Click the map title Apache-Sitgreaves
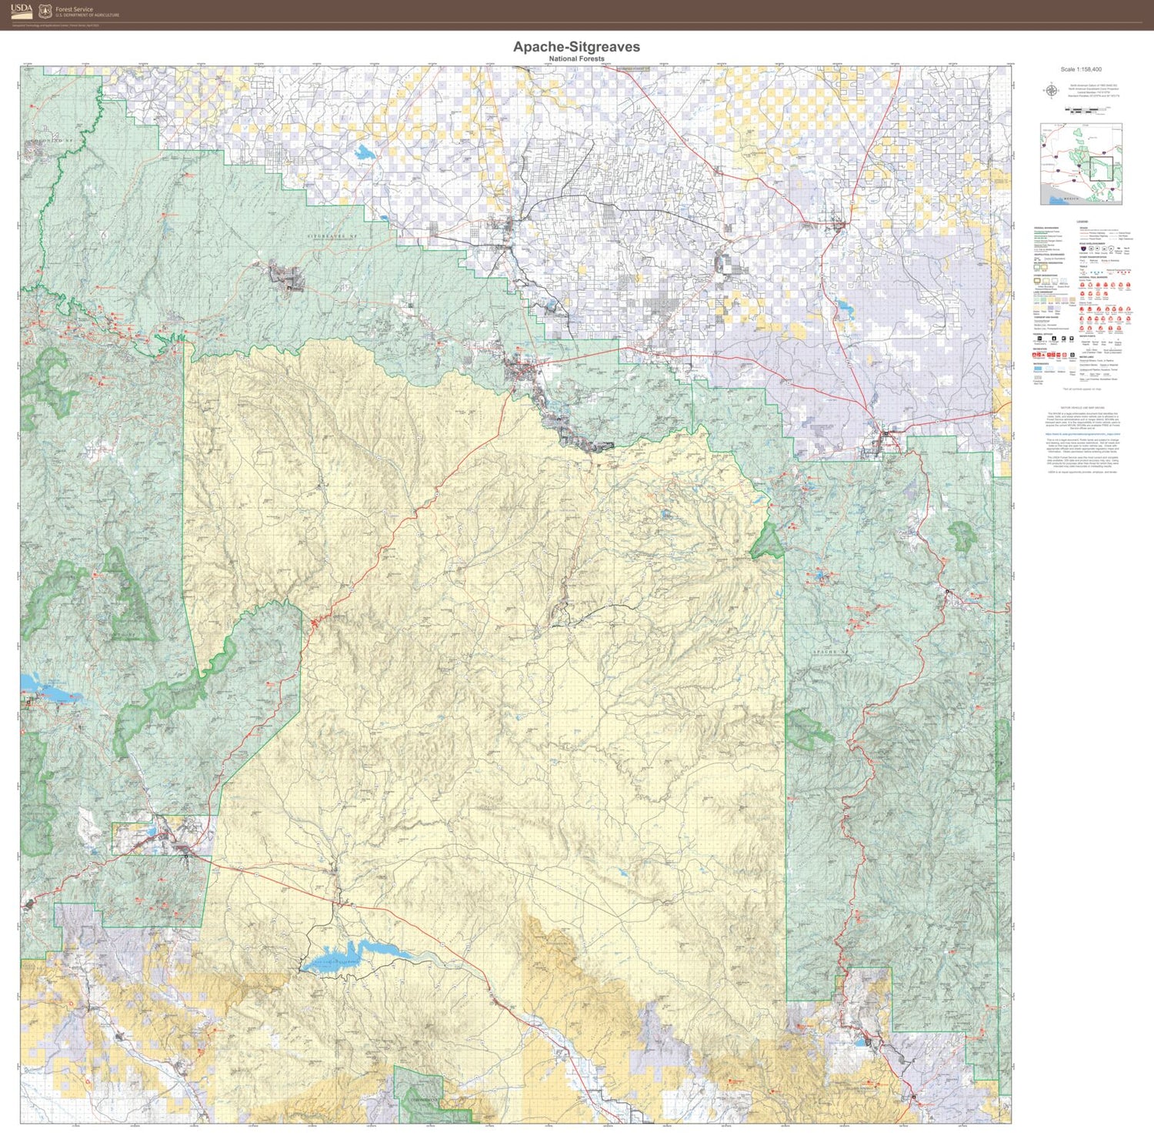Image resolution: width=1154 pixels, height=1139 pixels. [x=576, y=47]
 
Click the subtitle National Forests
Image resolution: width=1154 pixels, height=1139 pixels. [x=576, y=58]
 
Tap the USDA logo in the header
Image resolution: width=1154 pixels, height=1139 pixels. [x=22, y=10]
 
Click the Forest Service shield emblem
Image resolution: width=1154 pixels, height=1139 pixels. [x=45, y=11]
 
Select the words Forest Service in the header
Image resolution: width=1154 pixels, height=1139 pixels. [x=74, y=9]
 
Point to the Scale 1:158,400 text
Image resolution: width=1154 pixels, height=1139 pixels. [x=1081, y=70]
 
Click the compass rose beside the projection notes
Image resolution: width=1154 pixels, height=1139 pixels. [x=1050, y=92]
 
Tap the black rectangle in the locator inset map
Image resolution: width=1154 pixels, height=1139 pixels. [x=1101, y=168]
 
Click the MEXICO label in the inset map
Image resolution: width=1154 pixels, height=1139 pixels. [x=1070, y=199]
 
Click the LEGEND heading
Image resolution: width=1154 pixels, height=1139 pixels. [x=1082, y=222]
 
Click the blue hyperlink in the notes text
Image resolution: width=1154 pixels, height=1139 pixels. [x=1081, y=434]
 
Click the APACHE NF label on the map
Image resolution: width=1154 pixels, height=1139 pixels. [x=828, y=653]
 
